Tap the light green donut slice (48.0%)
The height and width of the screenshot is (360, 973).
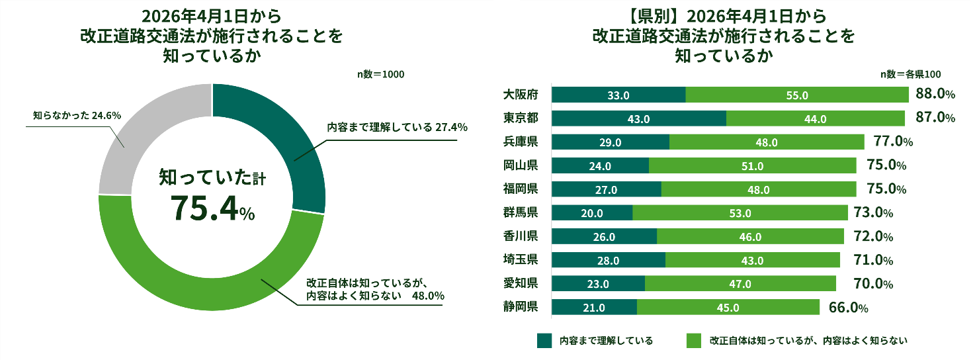point(212,278)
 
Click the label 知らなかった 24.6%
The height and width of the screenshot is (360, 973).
point(77,115)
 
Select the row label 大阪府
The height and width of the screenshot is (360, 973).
point(520,95)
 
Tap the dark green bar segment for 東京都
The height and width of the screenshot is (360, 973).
point(638,118)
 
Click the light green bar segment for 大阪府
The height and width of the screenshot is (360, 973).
point(797,95)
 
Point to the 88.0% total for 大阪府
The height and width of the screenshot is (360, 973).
point(935,95)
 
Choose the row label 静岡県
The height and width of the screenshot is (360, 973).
point(520,306)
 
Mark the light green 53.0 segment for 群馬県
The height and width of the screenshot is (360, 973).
point(740,213)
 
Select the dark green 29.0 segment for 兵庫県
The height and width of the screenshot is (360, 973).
point(610,142)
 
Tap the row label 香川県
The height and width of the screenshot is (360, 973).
point(520,236)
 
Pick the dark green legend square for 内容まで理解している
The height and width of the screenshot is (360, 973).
point(544,340)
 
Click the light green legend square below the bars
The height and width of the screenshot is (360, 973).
point(694,340)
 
